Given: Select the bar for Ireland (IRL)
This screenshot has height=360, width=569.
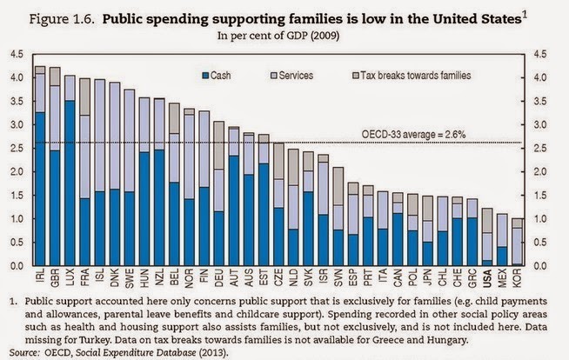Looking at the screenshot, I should (x=40, y=165).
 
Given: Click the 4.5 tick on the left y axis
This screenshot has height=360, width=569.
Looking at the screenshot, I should (x=16, y=54).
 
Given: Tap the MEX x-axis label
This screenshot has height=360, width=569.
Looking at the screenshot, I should (x=503, y=280).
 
